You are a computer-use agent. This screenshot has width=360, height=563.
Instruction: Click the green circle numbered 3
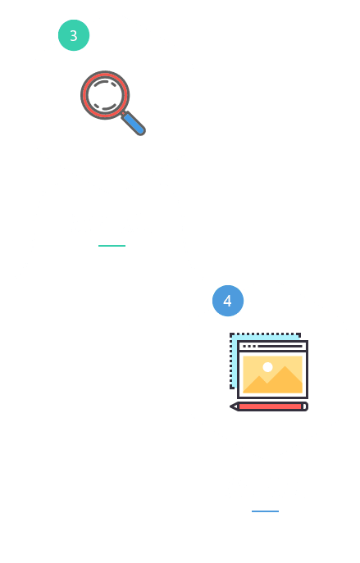[x=74, y=35]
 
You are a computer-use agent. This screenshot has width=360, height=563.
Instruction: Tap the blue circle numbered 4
[x=228, y=301]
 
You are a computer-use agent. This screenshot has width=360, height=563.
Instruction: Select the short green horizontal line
[x=112, y=246]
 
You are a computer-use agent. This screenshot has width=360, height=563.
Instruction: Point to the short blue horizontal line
[x=265, y=511]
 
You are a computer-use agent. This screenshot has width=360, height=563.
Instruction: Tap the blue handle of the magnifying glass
[x=134, y=124]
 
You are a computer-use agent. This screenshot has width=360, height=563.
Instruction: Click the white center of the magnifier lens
[x=105, y=95]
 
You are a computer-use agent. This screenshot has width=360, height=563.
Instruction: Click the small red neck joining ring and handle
[x=123, y=113]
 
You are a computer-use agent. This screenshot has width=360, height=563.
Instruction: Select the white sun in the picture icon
[x=267, y=367]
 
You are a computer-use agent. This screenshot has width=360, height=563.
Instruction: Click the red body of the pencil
[x=270, y=406]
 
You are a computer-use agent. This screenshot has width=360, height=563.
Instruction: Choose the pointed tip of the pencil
[x=231, y=406]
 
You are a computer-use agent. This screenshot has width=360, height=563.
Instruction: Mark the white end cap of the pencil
[x=305, y=406]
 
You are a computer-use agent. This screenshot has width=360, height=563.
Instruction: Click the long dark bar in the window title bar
[x=280, y=347]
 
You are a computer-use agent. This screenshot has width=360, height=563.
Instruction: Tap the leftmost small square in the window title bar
[x=244, y=347]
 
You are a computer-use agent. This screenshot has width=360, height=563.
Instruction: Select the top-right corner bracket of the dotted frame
[x=298, y=335]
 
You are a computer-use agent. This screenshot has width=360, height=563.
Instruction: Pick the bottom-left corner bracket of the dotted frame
[x=231, y=387]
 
